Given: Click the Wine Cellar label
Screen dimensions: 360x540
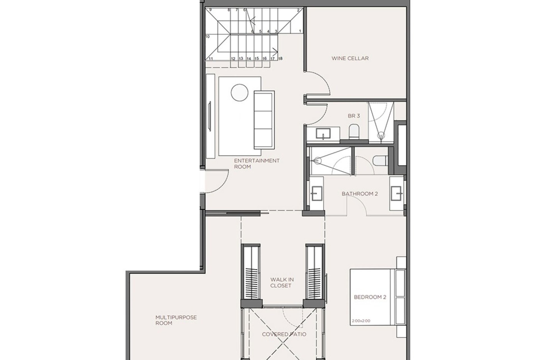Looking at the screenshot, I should pyautogui.click(x=350, y=58).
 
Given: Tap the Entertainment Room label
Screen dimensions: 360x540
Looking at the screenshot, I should pyautogui.click(x=256, y=164).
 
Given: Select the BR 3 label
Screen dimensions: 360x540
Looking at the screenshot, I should pyautogui.click(x=354, y=116).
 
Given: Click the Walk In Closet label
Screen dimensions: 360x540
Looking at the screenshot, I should pyautogui.click(x=282, y=283).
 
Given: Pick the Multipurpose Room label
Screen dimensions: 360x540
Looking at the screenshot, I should pyautogui.click(x=176, y=320).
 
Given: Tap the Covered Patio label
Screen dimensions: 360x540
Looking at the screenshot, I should pyautogui.click(x=284, y=334).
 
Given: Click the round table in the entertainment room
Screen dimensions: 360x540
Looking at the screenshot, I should pyautogui.click(x=239, y=92).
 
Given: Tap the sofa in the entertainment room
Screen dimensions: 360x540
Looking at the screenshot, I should pyautogui.click(x=264, y=120).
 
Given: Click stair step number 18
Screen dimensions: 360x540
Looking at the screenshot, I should pyautogui.click(x=280, y=59).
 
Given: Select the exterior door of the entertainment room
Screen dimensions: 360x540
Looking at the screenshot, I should pyautogui.click(x=215, y=181).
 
